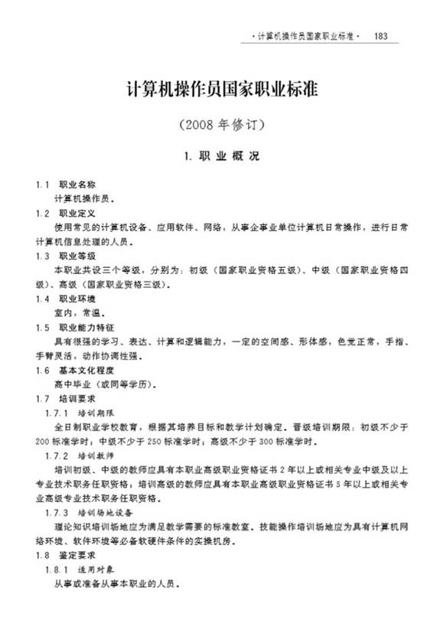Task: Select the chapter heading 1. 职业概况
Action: (221, 156)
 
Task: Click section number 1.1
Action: (43, 184)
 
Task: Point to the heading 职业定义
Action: (77, 214)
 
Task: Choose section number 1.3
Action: (43, 256)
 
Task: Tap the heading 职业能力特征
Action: (83, 327)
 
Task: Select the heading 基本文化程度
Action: (83, 370)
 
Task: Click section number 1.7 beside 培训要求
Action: (43, 399)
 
